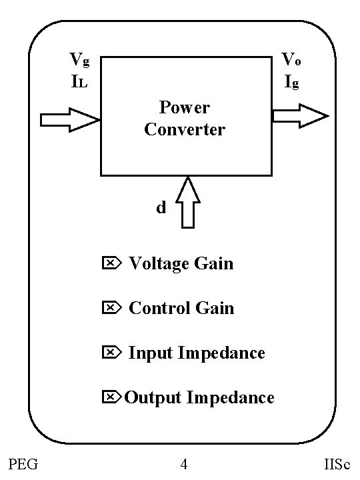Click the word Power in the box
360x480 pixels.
coord(185,107)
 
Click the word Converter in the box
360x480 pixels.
coord(185,129)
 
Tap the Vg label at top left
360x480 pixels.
coord(79,60)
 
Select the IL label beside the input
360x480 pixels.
coord(79,83)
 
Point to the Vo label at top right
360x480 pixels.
coord(291,60)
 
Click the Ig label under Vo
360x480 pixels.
coord(291,83)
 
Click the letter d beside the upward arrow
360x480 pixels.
coord(161,208)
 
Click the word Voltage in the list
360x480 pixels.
coord(150,264)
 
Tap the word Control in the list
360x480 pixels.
coord(150,308)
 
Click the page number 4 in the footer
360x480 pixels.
coord(183,464)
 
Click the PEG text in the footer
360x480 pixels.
coord(23,464)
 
